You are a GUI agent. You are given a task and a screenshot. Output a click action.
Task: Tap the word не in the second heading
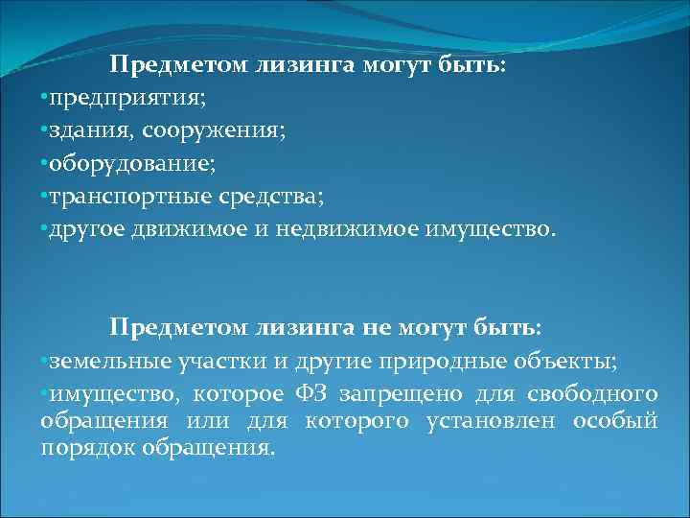377,327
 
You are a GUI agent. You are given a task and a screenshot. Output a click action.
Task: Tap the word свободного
597,393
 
